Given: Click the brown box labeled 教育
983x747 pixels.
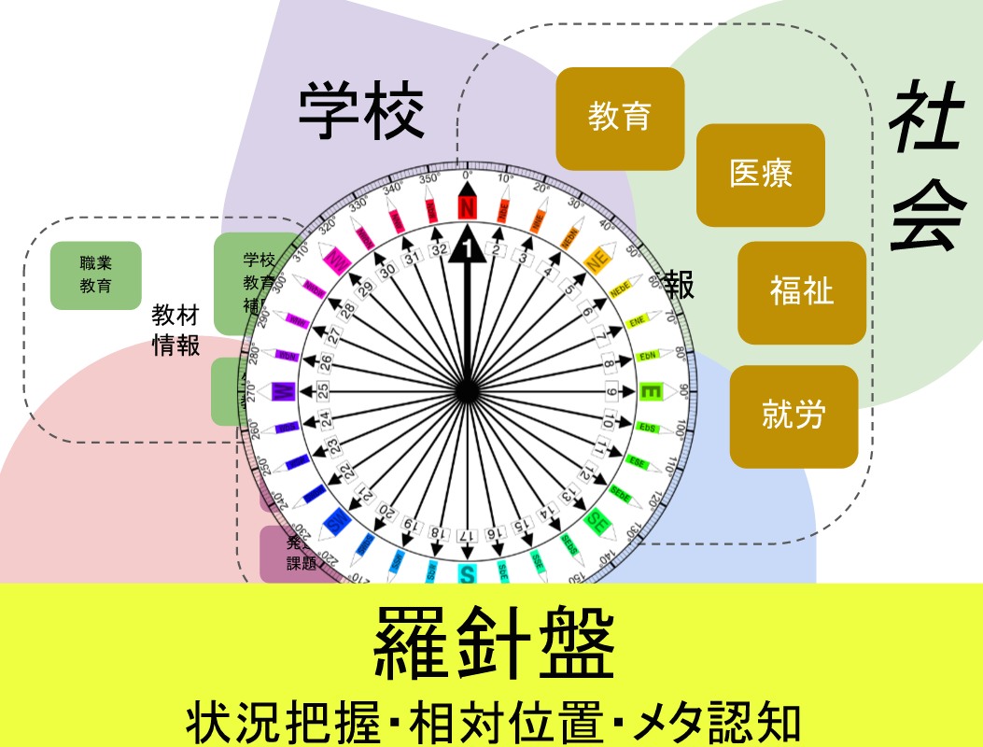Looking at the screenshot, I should pyautogui.click(x=620, y=119).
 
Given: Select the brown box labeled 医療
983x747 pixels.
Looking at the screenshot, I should pyautogui.click(x=761, y=175).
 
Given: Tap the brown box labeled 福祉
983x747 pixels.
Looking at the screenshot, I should pyautogui.click(x=802, y=292).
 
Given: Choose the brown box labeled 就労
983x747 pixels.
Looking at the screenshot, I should pyautogui.click(x=793, y=416).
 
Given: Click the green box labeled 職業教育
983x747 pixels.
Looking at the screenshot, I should pyautogui.click(x=95, y=275).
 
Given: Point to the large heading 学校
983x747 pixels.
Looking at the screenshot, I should pyautogui.click(x=361, y=112).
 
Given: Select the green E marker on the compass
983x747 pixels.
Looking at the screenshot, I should pyautogui.click(x=650, y=392).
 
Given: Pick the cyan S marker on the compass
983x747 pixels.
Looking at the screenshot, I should pyautogui.click(x=467, y=573).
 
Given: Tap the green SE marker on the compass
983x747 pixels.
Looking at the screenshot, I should pyautogui.click(x=596, y=522).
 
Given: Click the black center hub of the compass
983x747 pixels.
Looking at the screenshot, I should pyautogui.click(x=467, y=392).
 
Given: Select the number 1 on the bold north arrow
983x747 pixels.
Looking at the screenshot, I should pyautogui.click(x=467, y=249).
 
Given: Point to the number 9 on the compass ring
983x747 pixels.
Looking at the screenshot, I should pyautogui.click(x=611, y=392).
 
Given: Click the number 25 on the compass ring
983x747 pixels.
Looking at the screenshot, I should pyautogui.click(x=323, y=390).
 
